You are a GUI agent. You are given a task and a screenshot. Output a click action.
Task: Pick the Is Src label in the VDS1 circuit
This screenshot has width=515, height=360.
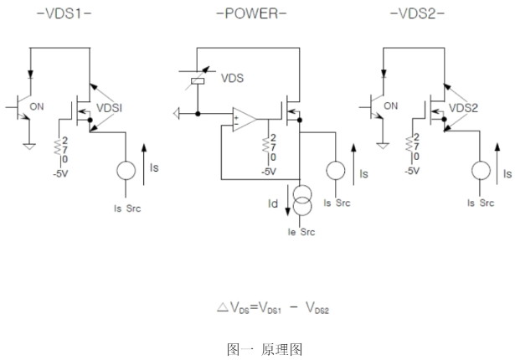coord(126,203)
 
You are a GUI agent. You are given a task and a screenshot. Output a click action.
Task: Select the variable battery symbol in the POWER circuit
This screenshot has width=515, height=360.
coord(197,82)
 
